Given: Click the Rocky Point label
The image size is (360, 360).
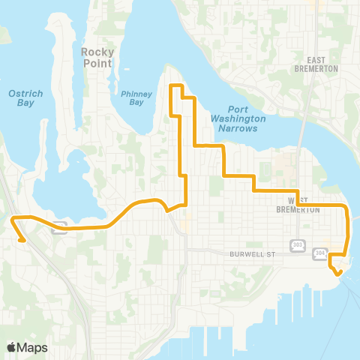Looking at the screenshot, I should tap(97, 57).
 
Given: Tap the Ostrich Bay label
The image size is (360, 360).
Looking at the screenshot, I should tap(20, 97).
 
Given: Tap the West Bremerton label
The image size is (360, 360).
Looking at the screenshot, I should tap(303, 205).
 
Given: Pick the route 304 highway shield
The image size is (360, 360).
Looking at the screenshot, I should tap(320, 253).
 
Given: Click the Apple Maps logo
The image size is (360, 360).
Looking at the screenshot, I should tap(26, 347).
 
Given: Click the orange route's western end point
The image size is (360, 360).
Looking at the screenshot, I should tap(23, 240).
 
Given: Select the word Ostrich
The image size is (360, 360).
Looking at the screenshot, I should tap(20, 93).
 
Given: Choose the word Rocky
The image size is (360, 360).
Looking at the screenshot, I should tap(97, 52).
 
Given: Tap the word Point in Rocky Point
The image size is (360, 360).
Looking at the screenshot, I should tap(97, 63).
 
